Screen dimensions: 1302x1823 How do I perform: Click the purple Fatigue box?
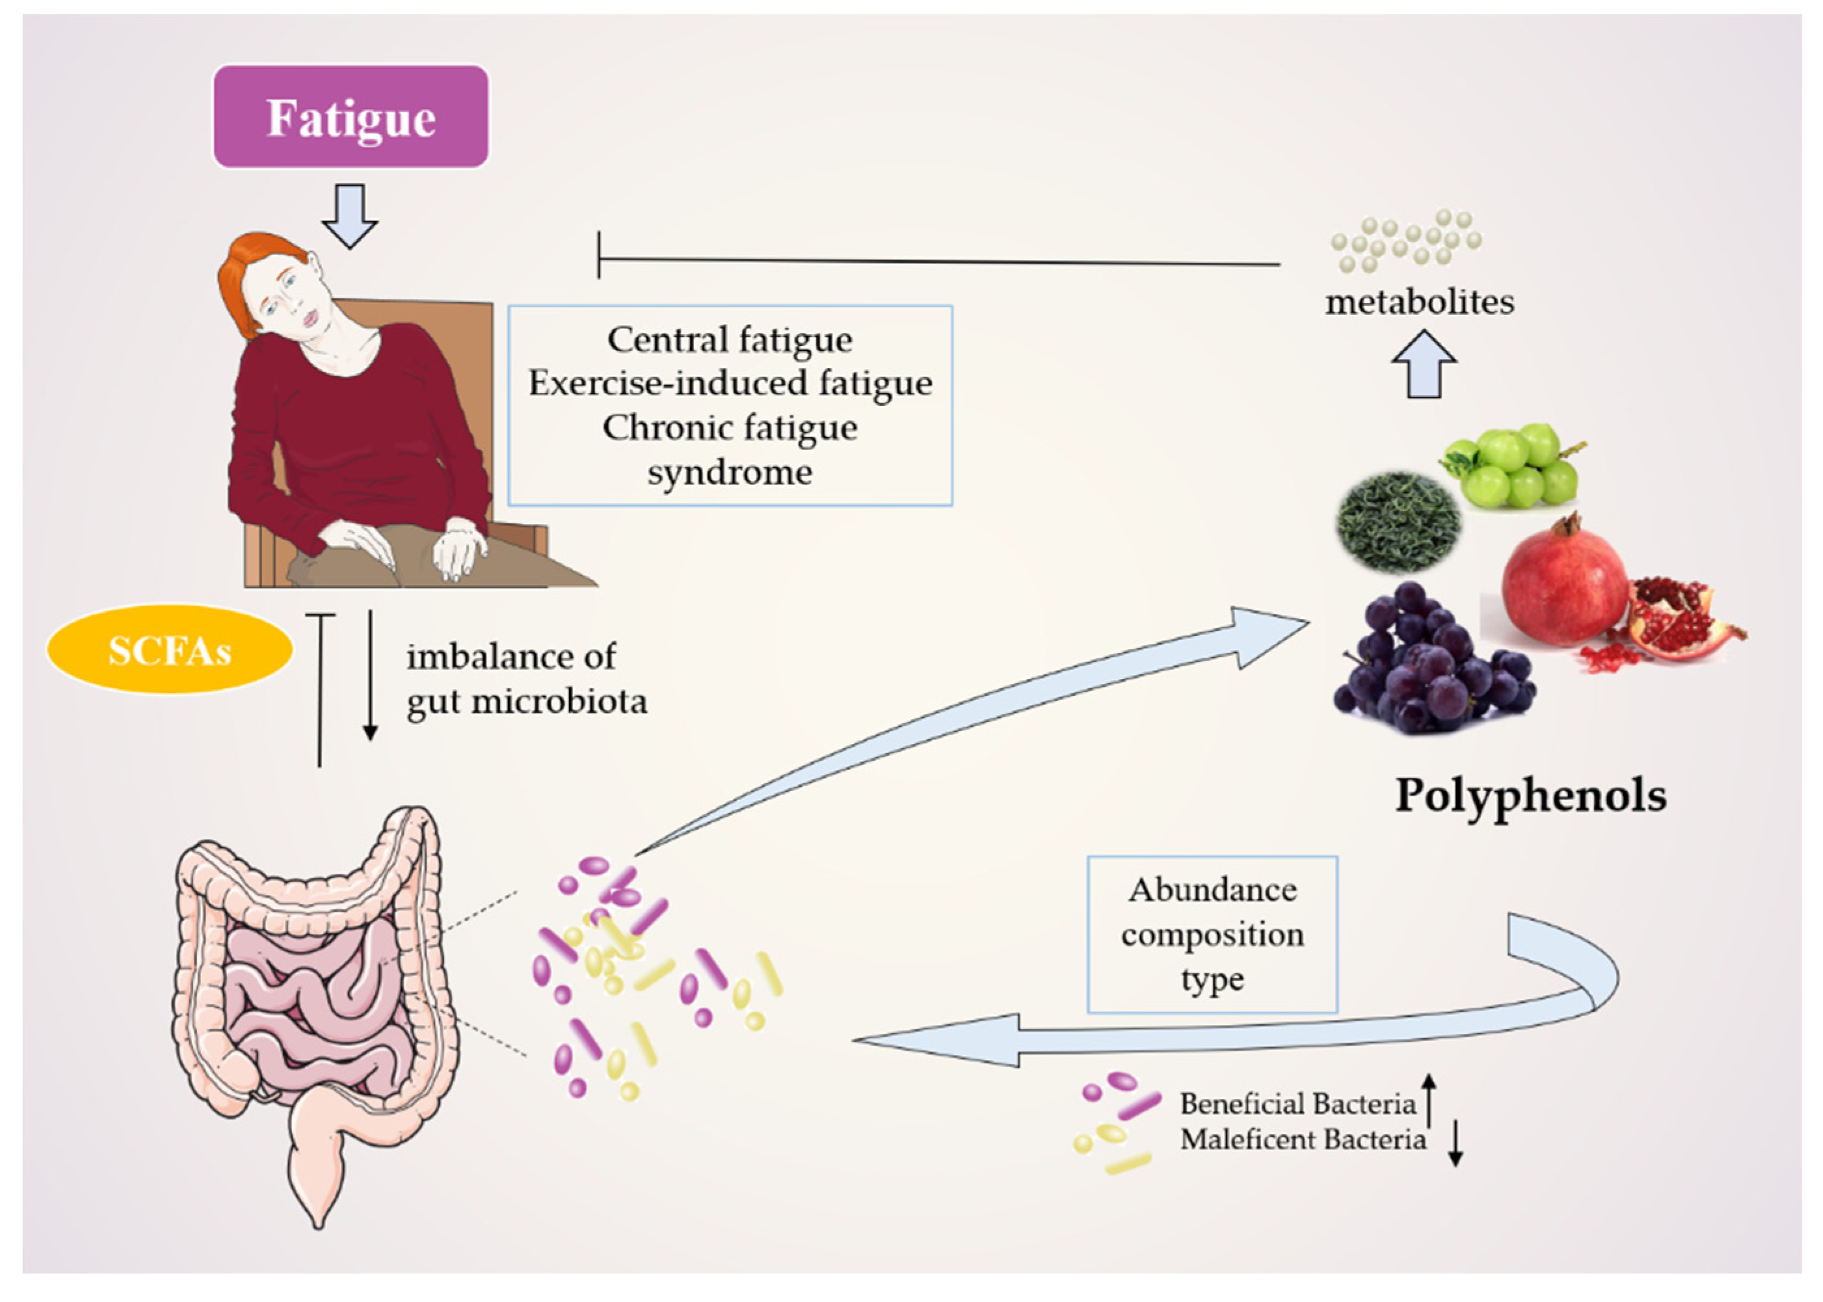pos(351,117)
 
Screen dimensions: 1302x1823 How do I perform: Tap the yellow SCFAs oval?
pos(169,650)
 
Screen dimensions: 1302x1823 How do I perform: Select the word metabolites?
pos(1419,303)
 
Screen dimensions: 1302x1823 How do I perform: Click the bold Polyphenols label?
pos(1530,796)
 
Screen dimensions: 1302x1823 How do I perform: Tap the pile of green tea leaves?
pos(1397,520)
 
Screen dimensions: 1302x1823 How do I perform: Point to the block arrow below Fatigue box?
pos(349,215)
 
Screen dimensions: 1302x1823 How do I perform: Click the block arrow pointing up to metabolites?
pos(1424,365)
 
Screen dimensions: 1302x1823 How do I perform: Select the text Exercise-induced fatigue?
pos(730,384)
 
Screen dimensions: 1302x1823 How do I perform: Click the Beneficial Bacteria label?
pos(1297,1105)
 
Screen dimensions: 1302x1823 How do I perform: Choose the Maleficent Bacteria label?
pos(1303,1139)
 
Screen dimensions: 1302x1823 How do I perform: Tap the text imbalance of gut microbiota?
pos(525,679)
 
